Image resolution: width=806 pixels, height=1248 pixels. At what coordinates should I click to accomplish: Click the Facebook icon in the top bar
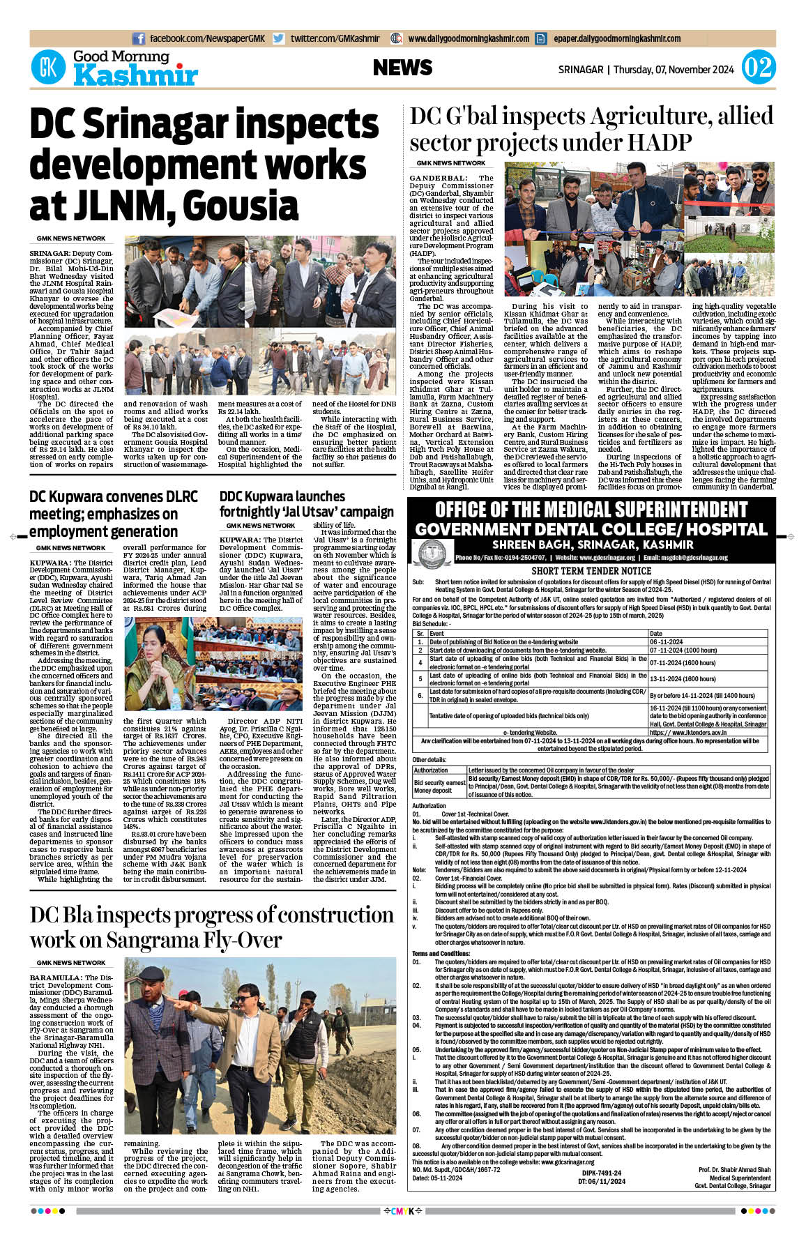139,39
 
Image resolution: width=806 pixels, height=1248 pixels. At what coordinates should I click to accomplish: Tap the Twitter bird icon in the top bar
279,39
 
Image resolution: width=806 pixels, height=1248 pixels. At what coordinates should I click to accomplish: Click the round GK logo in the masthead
48,68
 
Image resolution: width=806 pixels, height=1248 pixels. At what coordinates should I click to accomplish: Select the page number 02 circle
758,68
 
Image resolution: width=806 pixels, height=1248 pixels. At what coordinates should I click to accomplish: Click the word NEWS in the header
402,68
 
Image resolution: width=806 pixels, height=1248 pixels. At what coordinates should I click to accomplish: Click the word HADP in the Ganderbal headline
660,143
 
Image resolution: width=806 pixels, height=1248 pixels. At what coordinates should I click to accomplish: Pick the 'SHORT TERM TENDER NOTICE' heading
591,570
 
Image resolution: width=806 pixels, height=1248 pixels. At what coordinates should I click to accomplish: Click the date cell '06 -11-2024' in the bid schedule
666,641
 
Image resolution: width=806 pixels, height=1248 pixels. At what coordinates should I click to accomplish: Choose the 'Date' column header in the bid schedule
655,633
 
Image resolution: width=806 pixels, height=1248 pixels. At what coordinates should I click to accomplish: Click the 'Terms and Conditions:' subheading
441,953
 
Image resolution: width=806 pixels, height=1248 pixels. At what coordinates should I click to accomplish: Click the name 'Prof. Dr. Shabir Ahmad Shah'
734,1169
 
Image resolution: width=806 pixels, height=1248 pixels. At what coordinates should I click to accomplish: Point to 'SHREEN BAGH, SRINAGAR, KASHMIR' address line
593,545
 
